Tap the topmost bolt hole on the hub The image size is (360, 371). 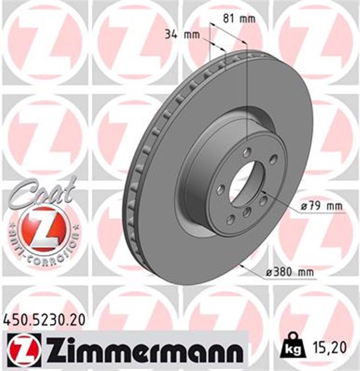(247, 152)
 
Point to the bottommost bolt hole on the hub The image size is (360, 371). (230, 219)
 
